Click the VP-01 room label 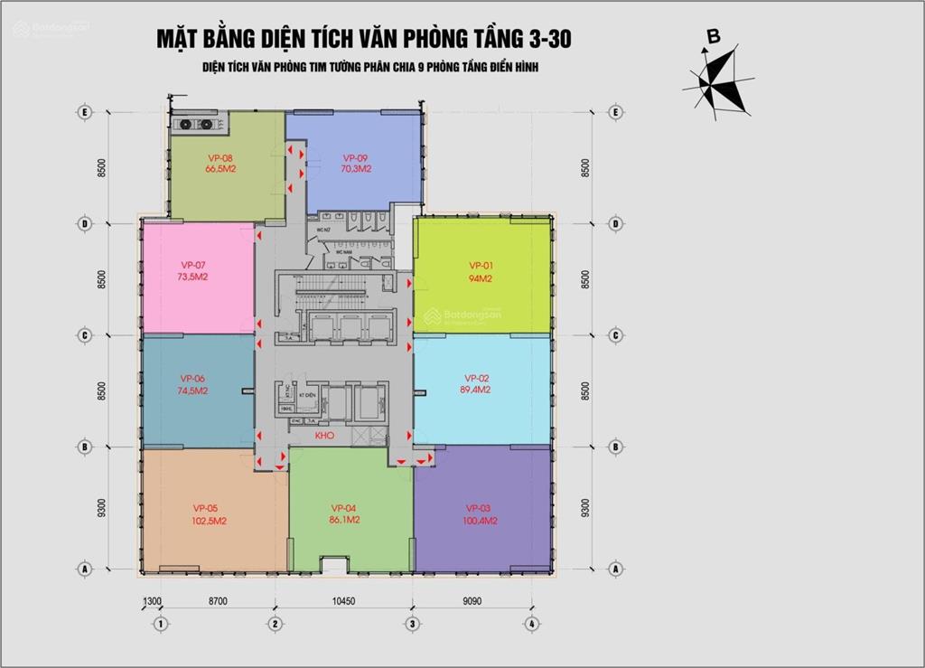click(x=481, y=265)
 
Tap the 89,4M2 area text click(x=475, y=390)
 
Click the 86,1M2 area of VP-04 click(x=346, y=521)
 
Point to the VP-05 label click(x=206, y=507)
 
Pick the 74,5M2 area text click(x=193, y=391)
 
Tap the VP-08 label click(x=220, y=157)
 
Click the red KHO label click(x=325, y=437)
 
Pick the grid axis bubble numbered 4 click(x=533, y=624)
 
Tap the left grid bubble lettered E click(x=84, y=112)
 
